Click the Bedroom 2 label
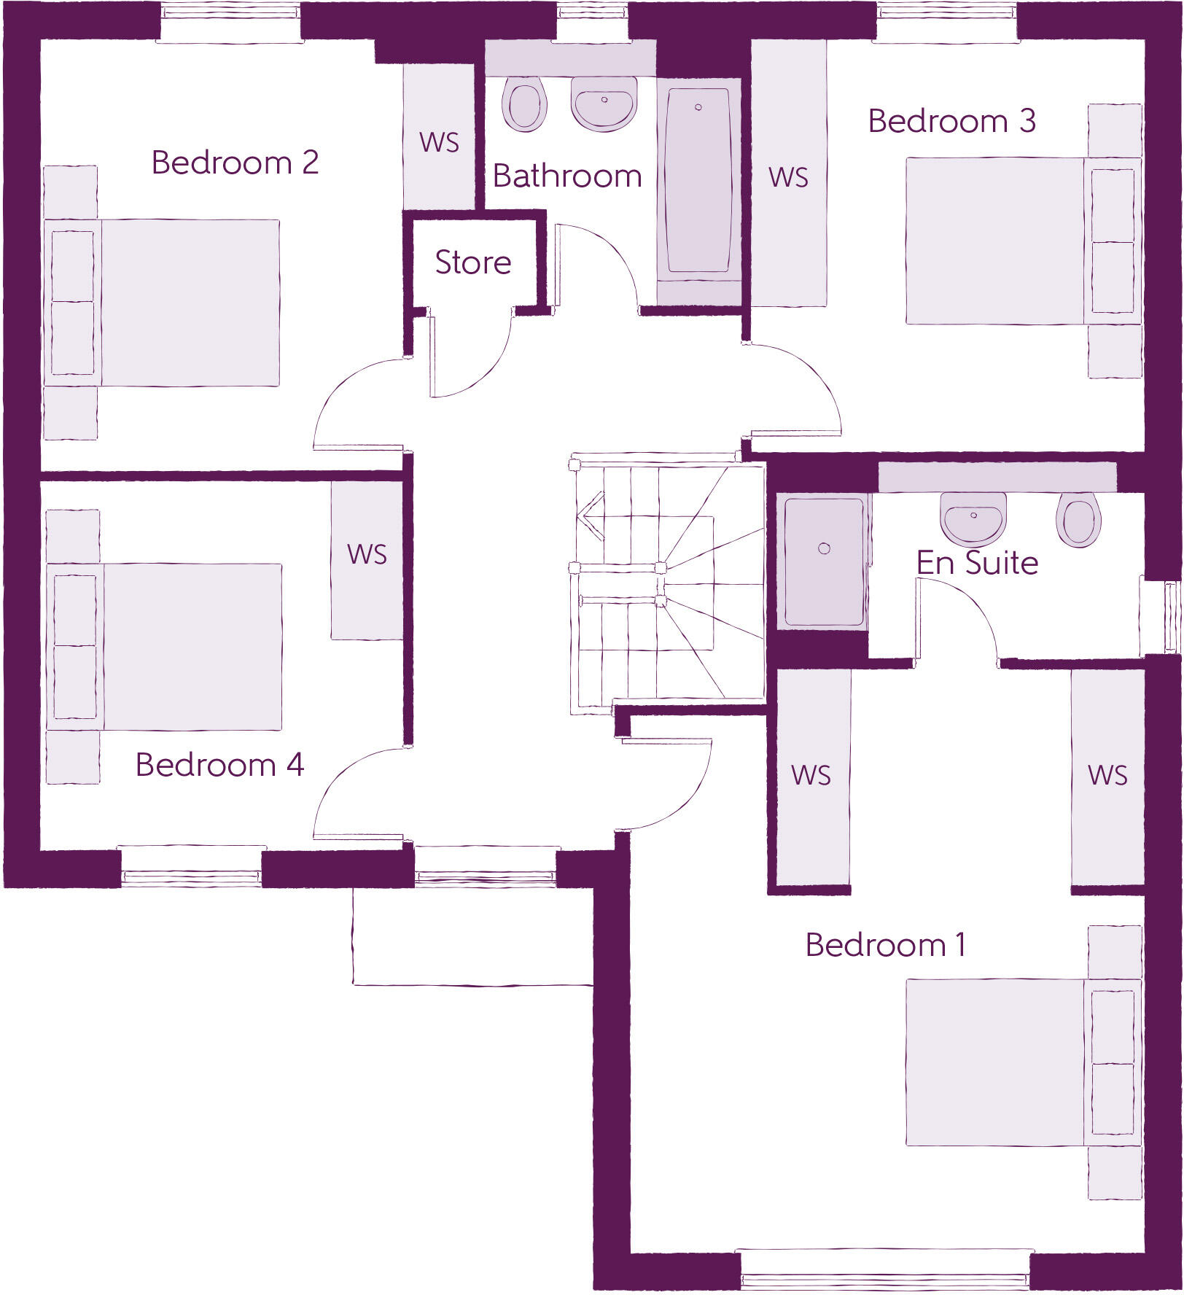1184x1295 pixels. click(x=235, y=163)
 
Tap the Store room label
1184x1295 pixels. click(x=473, y=262)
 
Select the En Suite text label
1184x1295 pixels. click(x=977, y=563)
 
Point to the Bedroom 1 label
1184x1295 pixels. click(x=886, y=945)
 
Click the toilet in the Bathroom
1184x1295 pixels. click(x=523, y=104)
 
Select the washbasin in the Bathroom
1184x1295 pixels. click(x=604, y=104)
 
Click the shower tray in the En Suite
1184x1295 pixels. click(x=824, y=561)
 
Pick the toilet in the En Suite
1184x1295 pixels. click(x=1078, y=519)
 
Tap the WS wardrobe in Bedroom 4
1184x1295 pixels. click(x=367, y=560)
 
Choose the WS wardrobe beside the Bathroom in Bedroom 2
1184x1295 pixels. click(x=439, y=139)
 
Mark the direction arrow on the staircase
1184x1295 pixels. click(x=592, y=516)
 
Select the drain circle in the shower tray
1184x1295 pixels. click(x=825, y=548)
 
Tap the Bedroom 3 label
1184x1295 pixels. click(x=951, y=121)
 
